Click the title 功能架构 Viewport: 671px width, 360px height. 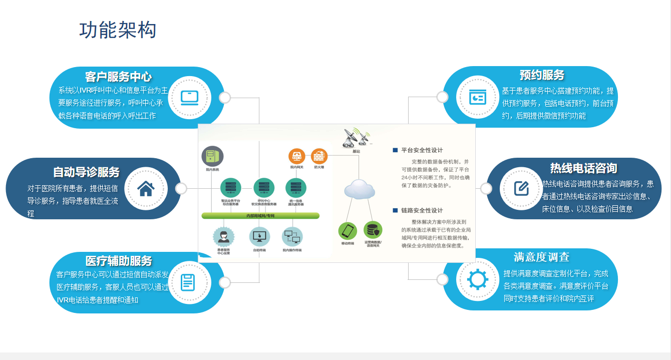[118, 30]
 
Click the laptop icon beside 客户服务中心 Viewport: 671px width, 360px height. [190, 97]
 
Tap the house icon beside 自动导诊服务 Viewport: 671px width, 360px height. [146, 189]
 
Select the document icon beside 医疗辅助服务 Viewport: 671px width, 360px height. [187, 282]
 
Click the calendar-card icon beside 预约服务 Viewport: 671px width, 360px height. [477, 97]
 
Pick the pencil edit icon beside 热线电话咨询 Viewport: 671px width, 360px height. [521, 188]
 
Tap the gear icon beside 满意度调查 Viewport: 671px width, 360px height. [477, 279]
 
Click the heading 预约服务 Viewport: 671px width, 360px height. [542, 75]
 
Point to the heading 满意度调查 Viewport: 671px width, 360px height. [541, 257]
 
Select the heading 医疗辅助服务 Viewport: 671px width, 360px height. [119, 261]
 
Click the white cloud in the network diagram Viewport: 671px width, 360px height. [360, 189]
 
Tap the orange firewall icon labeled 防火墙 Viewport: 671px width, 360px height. [319, 157]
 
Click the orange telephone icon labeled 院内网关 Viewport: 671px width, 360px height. [297, 157]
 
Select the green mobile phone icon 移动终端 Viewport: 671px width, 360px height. [348, 231]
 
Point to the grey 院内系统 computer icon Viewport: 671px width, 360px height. [212, 156]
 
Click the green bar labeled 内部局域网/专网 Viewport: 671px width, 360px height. [260, 216]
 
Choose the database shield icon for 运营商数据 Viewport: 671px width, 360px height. [373, 230]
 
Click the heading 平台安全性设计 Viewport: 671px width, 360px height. [422, 150]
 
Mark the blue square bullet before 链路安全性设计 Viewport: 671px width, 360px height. [395, 210]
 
